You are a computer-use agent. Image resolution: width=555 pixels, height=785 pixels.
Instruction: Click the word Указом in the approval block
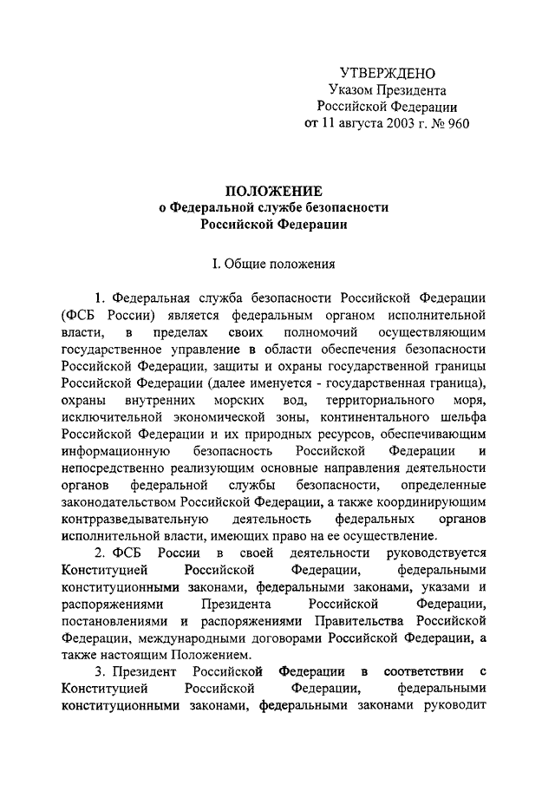click(x=349, y=89)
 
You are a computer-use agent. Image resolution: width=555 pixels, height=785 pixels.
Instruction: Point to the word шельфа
click(x=462, y=418)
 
